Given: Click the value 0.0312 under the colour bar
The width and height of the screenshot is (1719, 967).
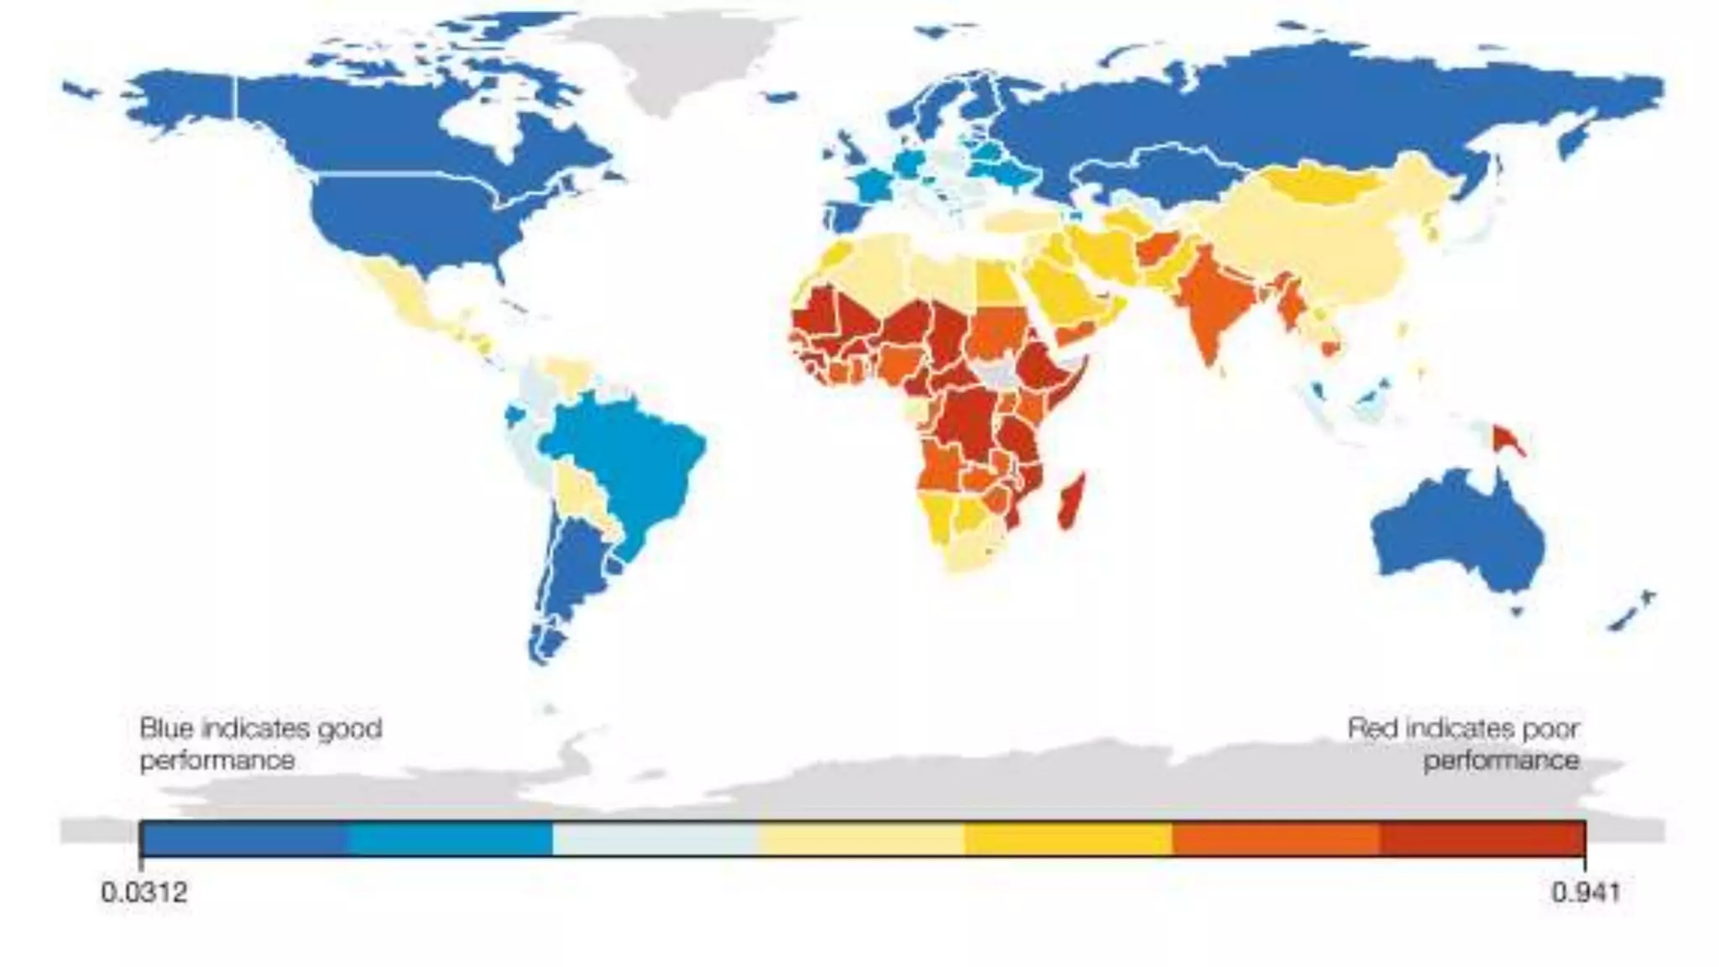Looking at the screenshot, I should tap(144, 891).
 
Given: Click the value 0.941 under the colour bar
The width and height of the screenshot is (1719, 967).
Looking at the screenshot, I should tap(1585, 891).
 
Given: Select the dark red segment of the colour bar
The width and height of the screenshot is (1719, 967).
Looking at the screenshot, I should tap(1481, 839).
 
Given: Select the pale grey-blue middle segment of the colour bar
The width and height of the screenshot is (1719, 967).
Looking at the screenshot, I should tap(655, 839).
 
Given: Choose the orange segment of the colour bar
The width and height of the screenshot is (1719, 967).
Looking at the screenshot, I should tap(1276, 839).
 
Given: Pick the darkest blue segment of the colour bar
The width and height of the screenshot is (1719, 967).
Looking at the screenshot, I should tap(243, 839).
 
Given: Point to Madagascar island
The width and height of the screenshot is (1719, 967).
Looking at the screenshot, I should tap(1072, 501).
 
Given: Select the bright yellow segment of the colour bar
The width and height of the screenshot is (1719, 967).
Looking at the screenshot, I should tap(1068, 839).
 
